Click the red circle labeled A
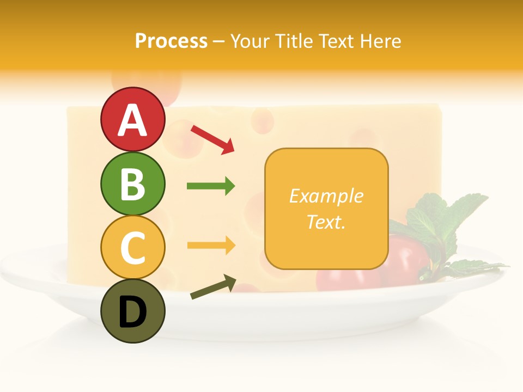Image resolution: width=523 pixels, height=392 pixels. (132, 119)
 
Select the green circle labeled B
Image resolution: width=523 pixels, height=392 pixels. (132, 183)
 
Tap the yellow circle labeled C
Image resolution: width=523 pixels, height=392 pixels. (132, 247)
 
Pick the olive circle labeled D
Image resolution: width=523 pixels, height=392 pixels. (132, 311)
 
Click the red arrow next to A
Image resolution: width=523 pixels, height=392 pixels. (212, 139)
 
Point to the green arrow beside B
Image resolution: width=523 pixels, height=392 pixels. (211, 186)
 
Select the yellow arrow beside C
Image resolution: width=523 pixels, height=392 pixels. (211, 246)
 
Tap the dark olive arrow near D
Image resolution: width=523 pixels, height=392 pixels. (212, 287)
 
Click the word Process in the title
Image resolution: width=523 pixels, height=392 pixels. (171, 41)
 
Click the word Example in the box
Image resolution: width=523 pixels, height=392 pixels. (326, 196)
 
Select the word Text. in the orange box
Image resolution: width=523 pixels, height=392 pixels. (326, 222)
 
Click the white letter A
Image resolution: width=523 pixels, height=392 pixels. (132, 120)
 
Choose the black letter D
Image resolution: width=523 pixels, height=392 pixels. (132, 312)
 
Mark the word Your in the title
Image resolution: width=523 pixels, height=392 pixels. (251, 41)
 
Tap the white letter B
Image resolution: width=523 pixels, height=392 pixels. (132, 184)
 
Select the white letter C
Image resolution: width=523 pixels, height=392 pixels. (132, 248)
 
